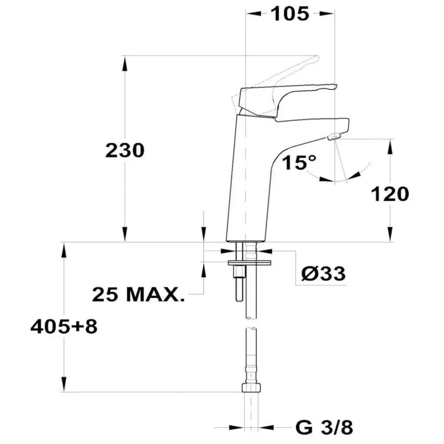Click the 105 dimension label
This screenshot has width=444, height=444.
[290, 14]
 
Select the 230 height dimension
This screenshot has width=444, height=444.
[125, 150]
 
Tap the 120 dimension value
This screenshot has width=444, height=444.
[390, 194]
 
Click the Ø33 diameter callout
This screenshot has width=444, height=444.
[323, 274]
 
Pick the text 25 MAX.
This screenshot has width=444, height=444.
[138, 294]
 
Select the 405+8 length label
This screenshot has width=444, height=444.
[64, 326]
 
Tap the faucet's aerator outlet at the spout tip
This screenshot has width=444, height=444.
[334, 137]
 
